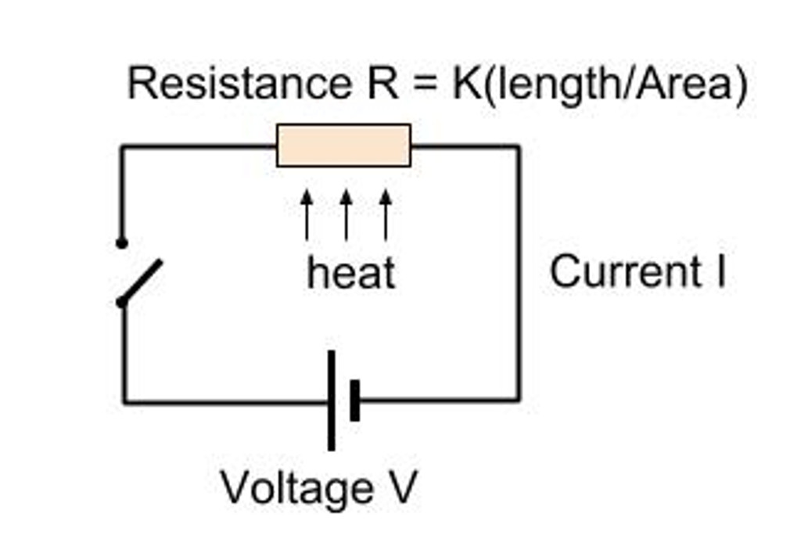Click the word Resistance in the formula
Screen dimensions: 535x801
coord(239,84)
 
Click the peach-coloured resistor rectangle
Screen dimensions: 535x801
coord(343,145)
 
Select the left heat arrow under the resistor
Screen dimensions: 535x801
coord(307,215)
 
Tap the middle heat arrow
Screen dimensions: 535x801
coord(346,215)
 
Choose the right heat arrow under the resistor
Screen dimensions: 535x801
coord(385,215)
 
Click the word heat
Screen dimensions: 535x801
coord(351,273)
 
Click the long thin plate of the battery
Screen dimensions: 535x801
coord(331,400)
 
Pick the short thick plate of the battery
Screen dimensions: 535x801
coord(355,400)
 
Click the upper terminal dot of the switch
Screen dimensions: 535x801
coord(121,243)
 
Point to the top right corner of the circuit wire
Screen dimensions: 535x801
coord(518,146)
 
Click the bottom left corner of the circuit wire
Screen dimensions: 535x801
coord(124,402)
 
